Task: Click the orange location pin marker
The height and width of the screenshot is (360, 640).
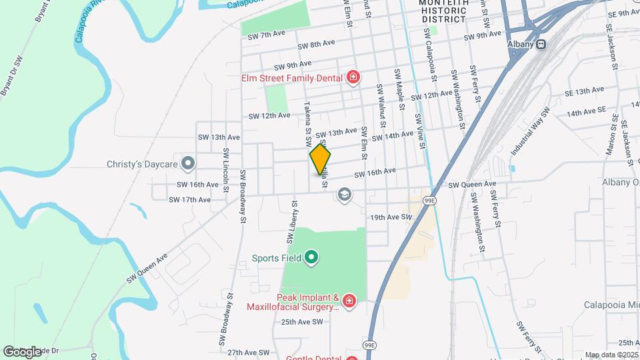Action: coord(320,159)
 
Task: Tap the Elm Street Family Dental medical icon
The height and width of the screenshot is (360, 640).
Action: coord(353,78)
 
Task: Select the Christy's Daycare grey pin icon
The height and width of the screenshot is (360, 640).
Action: coord(189,163)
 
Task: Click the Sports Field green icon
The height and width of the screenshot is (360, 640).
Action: coord(311,257)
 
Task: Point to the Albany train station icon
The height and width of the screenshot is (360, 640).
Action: coord(541,44)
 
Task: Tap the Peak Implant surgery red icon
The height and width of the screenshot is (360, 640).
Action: coord(349,302)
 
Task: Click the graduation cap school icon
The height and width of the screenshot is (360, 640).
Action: coord(344,195)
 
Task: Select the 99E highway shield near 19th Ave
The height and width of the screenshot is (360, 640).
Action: coord(431,199)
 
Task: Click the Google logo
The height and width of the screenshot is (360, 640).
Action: coord(22,351)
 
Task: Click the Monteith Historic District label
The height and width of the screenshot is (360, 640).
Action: coord(443,11)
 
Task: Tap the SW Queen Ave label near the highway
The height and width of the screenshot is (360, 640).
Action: coord(472,184)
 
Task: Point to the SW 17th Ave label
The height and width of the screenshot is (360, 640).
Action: coord(189,199)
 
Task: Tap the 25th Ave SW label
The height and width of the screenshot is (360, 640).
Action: coord(301,321)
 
